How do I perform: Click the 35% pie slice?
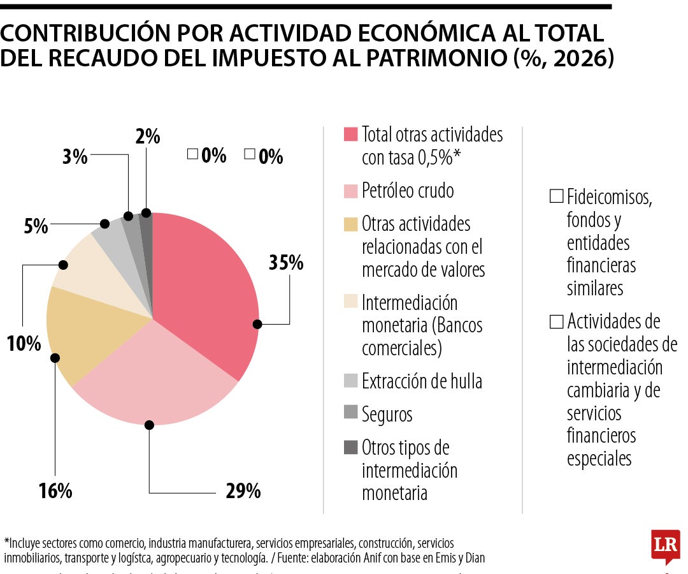coord(204,287)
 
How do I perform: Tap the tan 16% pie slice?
coord(89,332)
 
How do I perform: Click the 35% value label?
coord(286,263)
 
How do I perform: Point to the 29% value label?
coord(243,491)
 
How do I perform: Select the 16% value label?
coord(55,491)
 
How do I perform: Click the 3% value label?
coord(75,157)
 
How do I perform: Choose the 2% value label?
coord(147,136)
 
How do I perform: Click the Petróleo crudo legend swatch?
coord(350,191)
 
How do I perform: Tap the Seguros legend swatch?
coord(350,414)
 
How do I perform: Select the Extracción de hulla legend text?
coord(422,381)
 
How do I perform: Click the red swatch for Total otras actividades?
coord(350,135)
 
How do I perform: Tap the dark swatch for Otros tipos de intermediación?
coord(350,448)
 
